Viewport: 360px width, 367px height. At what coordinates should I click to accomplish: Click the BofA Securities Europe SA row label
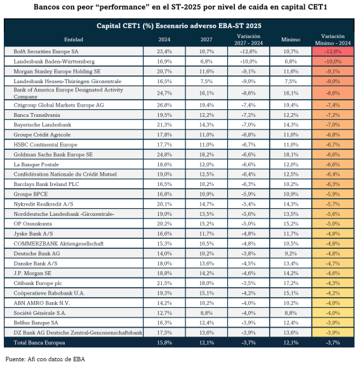[x=46, y=51]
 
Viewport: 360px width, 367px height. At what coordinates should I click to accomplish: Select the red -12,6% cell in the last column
[x=333, y=51]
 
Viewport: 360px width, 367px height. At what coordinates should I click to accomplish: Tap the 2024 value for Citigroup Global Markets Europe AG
[x=164, y=105]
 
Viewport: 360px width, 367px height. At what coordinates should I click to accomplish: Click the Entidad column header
[x=74, y=39]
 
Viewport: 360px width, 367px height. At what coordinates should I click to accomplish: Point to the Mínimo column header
[x=291, y=39]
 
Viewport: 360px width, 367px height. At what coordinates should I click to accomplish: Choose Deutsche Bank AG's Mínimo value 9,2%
[x=291, y=253]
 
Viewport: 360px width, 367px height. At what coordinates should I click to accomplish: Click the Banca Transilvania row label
[x=37, y=115]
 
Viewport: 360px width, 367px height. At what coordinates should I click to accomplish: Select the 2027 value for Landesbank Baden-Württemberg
[x=206, y=62]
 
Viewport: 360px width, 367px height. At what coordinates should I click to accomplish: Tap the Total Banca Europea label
[x=39, y=343]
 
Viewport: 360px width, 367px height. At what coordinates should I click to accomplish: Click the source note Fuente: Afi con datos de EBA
[x=45, y=359]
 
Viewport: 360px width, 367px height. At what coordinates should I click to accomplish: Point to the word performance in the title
[x=123, y=7]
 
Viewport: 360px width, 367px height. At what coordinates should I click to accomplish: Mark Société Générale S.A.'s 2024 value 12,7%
[x=164, y=313]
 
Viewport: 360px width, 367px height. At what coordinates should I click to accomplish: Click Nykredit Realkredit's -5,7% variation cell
[x=333, y=204]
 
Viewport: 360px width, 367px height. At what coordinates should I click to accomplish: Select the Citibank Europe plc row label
[x=37, y=283]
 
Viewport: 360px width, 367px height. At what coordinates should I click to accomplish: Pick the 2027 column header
[x=206, y=39]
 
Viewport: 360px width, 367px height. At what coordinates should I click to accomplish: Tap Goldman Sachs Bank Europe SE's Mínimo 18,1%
[x=291, y=155]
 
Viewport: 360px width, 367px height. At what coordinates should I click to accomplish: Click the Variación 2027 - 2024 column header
[x=248, y=39]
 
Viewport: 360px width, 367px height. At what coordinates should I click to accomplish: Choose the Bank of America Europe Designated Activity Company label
[x=68, y=93]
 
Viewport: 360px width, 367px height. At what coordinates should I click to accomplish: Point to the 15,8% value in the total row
[x=164, y=343]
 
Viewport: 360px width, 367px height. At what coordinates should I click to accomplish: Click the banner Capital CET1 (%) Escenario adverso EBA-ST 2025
[x=179, y=26]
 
